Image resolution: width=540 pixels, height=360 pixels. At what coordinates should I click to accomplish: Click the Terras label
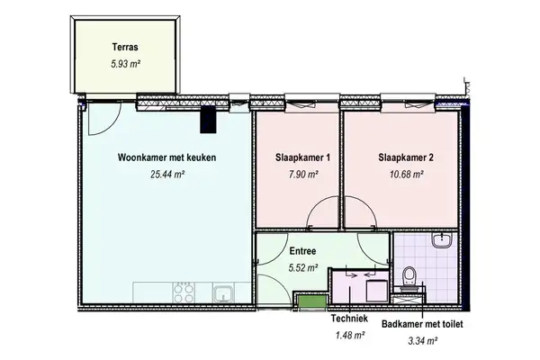(125, 47)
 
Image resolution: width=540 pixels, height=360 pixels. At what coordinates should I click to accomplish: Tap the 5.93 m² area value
(125, 64)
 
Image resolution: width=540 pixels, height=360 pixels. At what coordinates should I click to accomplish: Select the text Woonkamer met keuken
(166, 157)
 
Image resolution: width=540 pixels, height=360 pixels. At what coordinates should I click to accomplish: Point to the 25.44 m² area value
(166, 175)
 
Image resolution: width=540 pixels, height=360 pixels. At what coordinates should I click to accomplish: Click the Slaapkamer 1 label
(302, 157)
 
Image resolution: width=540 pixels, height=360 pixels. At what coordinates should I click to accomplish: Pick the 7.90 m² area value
(302, 175)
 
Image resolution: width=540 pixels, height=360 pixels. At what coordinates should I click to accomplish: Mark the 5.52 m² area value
(302, 268)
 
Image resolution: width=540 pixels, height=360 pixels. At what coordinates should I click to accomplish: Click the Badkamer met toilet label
(422, 323)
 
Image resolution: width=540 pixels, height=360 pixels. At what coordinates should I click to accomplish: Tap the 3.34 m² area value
(422, 341)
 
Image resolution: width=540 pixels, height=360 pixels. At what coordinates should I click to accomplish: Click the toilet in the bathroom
(409, 274)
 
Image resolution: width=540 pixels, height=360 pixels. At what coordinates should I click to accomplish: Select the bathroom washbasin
(442, 240)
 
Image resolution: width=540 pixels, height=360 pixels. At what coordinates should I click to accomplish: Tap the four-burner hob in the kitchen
(184, 292)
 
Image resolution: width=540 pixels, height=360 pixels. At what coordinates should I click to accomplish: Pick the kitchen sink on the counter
(220, 292)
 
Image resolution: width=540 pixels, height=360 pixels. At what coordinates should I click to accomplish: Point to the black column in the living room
(210, 117)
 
